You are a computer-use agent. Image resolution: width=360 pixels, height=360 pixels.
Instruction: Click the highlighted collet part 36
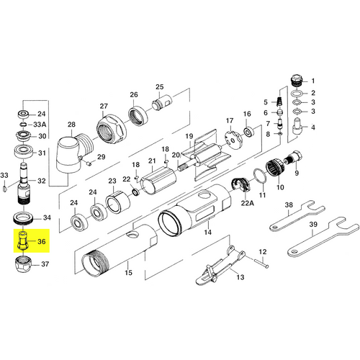click(23, 240)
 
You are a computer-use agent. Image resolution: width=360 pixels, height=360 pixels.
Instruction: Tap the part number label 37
click(45, 264)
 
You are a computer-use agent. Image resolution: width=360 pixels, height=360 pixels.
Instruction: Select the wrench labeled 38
click(297, 216)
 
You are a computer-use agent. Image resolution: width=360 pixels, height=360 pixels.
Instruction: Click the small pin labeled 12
click(262, 263)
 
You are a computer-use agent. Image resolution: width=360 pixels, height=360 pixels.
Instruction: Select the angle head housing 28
click(73, 153)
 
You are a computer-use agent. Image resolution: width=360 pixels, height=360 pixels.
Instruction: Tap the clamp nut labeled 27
click(112, 129)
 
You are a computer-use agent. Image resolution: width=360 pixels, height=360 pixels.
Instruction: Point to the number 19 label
click(189, 136)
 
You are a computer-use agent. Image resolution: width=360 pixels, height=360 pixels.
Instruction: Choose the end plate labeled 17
click(233, 140)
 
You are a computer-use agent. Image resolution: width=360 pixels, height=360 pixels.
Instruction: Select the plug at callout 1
click(297, 81)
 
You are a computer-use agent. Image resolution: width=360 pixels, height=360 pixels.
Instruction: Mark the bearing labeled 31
click(23, 152)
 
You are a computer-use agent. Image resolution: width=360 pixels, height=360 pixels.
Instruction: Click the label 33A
click(40, 125)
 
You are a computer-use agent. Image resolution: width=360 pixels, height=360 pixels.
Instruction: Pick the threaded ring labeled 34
click(23, 218)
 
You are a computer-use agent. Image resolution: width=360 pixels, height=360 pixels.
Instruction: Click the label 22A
click(248, 203)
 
